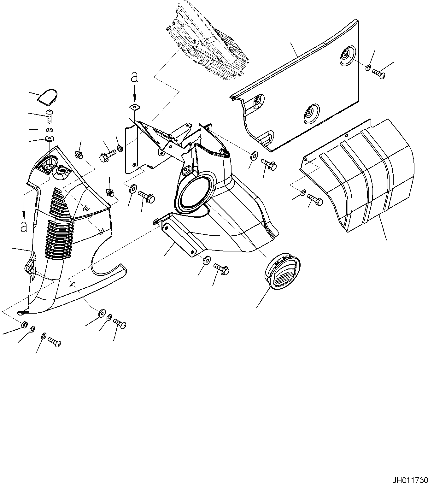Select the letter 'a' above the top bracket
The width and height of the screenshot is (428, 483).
pyautogui.click(x=135, y=77)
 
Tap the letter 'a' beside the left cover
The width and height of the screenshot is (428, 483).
pyautogui.click(x=24, y=226)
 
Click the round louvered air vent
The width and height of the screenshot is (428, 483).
pyautogui.click(x=282, y=270)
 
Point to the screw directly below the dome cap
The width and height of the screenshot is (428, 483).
pyautogui.click(x=49, y=116)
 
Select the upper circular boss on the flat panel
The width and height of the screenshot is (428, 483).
pyautogui.click(x=347, y=57)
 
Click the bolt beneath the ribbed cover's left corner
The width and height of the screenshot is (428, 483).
pyautogui.click(x=314, y=199)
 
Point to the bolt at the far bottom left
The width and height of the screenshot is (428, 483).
pyautogui.click(x=55, y=342)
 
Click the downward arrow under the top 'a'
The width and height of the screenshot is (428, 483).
pyautogui.click(x=135, y=95)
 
